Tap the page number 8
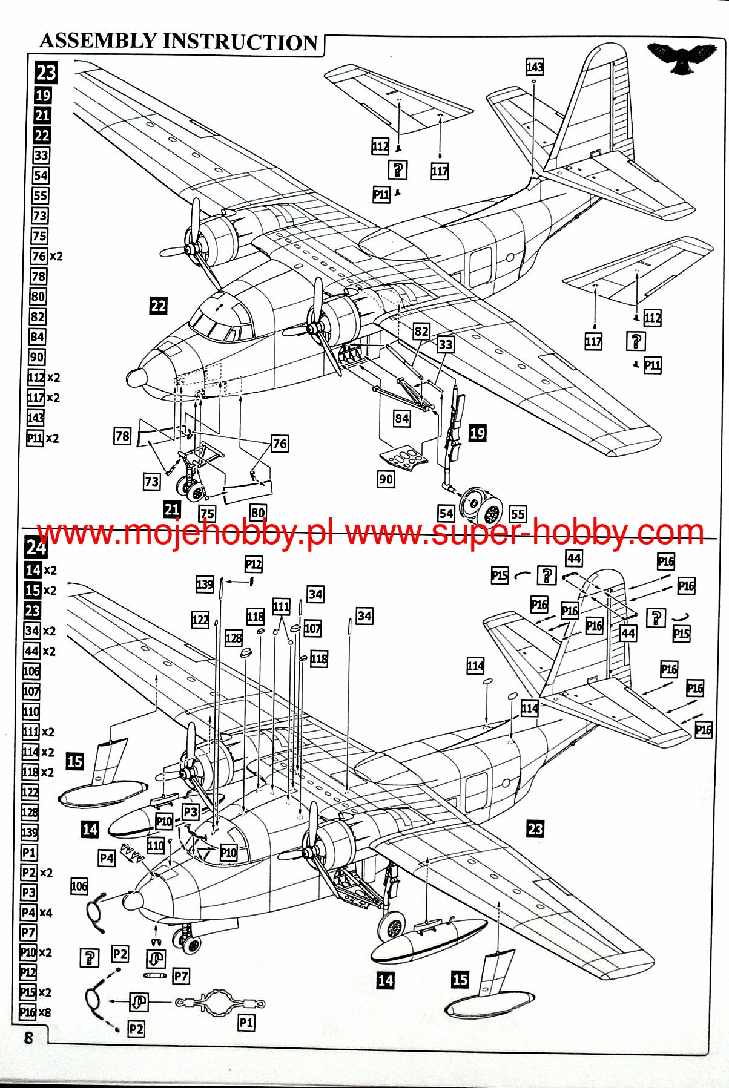point(28,1037)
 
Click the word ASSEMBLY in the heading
point(97,41)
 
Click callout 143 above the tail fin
point(535,67)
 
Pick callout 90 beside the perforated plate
point(386,479)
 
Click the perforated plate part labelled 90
point(404,455)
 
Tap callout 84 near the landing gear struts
point(401,418)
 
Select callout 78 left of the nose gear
point(122,436)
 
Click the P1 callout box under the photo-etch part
point(246,1023)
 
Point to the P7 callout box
point(181,975)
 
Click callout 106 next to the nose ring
point(79,886)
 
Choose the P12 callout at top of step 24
point(254,565)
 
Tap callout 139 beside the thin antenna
point(205,585)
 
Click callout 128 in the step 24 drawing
point(233,638)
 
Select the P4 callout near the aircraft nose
point(107,858)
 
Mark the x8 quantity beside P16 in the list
point(44,1012)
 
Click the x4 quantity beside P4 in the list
point(45,913)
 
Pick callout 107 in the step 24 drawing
point(312,628)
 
